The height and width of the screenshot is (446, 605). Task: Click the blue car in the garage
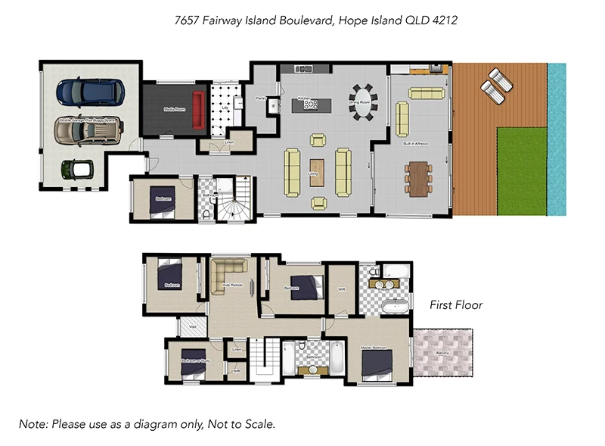click(x=90, y=92)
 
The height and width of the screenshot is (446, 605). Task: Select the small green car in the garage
click(x=77, y=168)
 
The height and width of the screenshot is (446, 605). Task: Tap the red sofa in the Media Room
click(x=199, y=110)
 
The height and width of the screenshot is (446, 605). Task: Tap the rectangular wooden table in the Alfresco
click(x=417, y=179)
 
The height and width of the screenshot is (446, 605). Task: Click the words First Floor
click(x=456, y=305)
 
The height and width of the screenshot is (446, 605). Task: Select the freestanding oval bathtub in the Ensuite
click(x=395, y=307)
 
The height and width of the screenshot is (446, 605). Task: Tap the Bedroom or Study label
click(x=194, y=360)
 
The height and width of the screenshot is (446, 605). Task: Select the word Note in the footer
click(x=33, y=424)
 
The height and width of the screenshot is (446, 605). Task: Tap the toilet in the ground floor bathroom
click(x=207, y=214)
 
